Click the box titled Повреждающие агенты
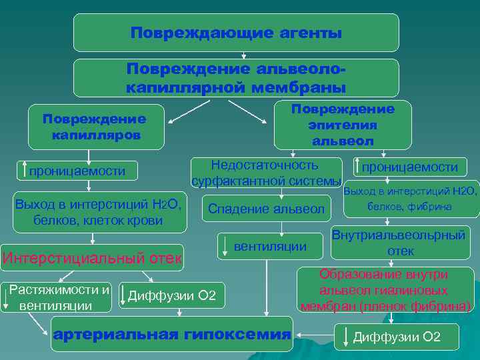point(236,33)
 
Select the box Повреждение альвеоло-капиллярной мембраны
point(236,78)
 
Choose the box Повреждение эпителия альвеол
point(343,125)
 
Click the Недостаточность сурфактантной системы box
point(265,173)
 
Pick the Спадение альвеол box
point(266,209)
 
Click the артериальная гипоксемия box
point(172,335)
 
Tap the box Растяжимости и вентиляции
point(59,297)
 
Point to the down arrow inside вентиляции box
point(226,246)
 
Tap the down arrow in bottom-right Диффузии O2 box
point(345,337)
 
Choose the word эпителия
point(343,125)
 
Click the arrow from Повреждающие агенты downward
point(244,55)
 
